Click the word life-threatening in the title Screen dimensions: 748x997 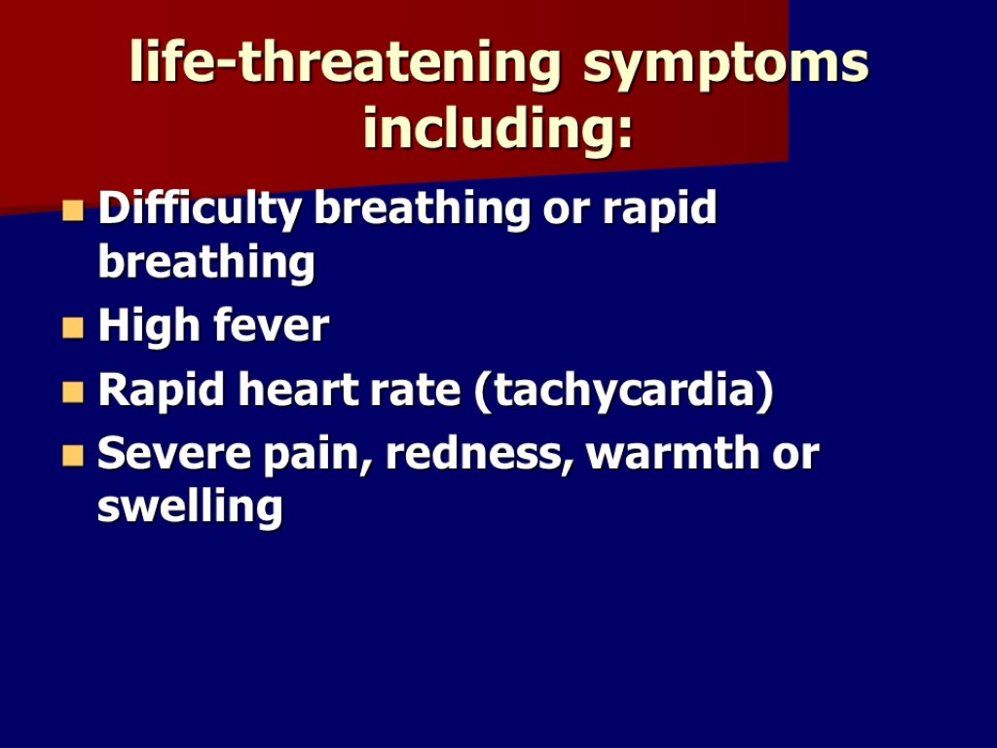tap(346, 64)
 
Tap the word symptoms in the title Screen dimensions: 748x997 tap(725, 64)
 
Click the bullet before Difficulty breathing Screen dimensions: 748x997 tap(73, 211)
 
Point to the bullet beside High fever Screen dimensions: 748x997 tap(73, 328)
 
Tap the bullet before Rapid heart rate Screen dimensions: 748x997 tap(73, 393)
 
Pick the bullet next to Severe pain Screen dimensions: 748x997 tap(73, 456)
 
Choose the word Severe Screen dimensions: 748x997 tap(166, 454)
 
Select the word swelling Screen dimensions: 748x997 tap(191, 508)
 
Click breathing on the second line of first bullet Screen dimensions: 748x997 tap(206, 264)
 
